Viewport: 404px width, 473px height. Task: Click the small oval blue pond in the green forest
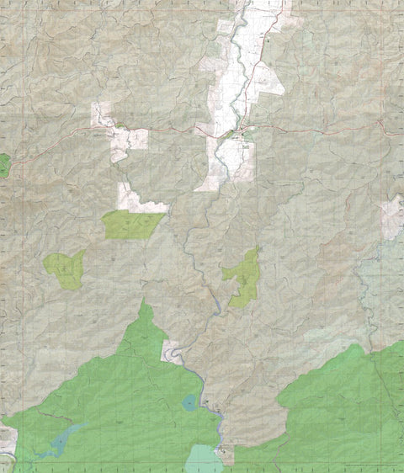coord(189,403)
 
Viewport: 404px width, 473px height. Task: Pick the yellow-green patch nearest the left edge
coord(65,268)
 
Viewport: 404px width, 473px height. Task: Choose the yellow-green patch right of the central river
coord(244,277)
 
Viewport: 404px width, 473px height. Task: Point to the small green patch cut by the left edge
coord(3,165)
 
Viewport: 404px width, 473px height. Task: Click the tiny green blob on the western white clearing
coord(120,126)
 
